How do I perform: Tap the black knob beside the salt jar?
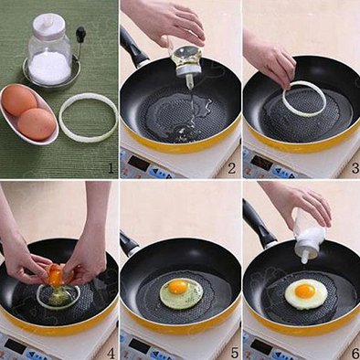coord(80,34)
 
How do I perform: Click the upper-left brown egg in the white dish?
coord(19,101)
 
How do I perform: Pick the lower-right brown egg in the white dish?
coord(37,124)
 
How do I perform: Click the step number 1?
coord(111,168)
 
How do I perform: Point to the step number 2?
coord(232,168)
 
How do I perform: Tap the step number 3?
coord(355,168)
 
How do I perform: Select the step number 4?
coord(111,353)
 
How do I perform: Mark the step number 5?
coord(234,353)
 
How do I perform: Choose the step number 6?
coord(355,353)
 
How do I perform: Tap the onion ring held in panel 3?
coord(303,99)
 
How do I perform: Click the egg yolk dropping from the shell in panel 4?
coord(55,276)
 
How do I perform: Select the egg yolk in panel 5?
coord(178,287)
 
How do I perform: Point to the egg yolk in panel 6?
coord(305,291)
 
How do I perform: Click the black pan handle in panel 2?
coord(132,48)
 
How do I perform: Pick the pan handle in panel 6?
coord(259,223)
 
